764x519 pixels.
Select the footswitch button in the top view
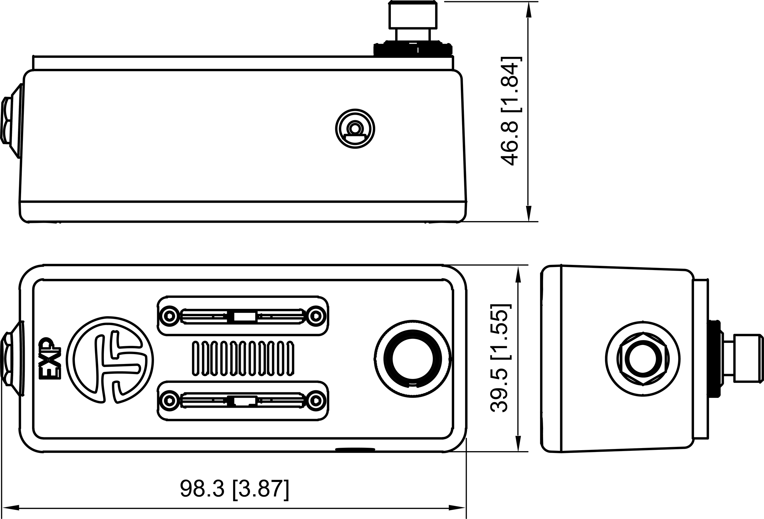click(x=413, y=358)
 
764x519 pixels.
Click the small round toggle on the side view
click(x=355, y=128)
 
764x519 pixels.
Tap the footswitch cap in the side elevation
click(x=413, y=15)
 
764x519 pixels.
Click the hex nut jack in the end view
click(x=643, y=359)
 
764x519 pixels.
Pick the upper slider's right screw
click(x=316, y=316)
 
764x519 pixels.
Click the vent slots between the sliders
click(x=243, y=358)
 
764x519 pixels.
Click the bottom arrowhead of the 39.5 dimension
click(x=518, y=444)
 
